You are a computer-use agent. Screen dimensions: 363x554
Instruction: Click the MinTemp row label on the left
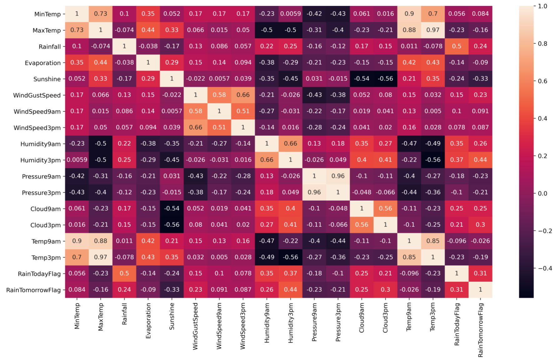[47, 14]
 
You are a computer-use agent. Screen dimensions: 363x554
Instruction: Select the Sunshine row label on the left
[47, 79]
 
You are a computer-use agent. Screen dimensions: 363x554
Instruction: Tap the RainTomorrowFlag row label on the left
[33, 290]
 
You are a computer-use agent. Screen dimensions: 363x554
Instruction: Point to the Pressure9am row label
[41, 177]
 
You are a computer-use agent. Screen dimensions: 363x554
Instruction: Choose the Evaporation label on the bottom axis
[148, 321]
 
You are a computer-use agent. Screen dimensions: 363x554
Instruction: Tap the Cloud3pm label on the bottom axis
[385, 318]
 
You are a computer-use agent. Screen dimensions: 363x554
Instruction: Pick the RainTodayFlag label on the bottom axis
[457, 324]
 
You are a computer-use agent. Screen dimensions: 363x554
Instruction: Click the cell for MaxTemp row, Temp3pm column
[433, 30]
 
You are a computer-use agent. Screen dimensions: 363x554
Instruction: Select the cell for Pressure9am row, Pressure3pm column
[338, 176]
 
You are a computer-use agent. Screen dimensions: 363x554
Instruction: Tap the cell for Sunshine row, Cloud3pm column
[385, 79]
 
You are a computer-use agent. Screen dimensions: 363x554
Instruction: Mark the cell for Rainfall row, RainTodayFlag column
[457, 46]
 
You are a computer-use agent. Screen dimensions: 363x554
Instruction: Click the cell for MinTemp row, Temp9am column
[409, 14]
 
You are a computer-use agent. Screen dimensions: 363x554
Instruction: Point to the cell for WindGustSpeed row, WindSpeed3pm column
[243, 95]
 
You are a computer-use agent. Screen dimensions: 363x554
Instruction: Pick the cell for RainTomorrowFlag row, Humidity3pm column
[290, 290]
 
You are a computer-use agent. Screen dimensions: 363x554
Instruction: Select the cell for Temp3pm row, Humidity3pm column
[290, 257]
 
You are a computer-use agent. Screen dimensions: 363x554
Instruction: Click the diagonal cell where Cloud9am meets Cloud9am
[362, 208]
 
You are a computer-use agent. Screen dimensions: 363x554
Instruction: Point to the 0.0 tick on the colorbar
[542, 194]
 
